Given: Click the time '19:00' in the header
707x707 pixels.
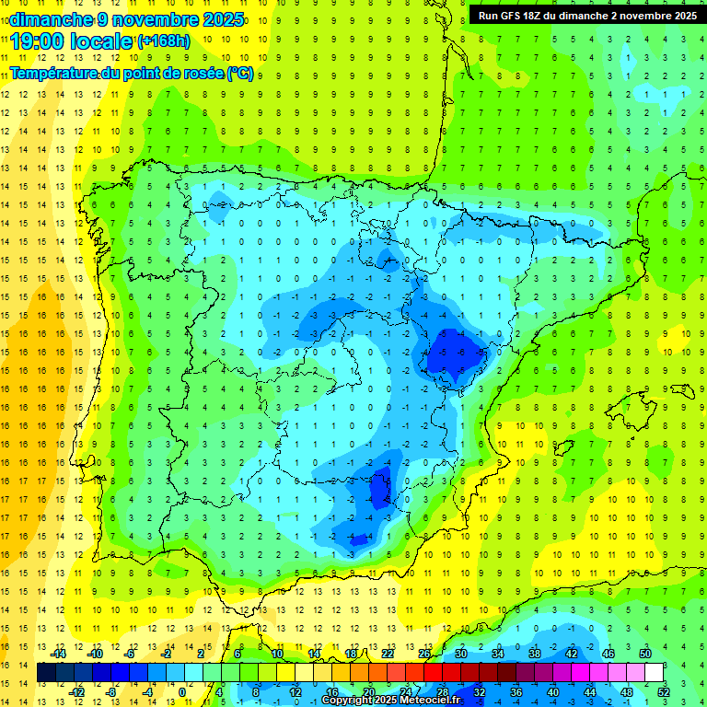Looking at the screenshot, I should pyautogui.click(x=41, y=41).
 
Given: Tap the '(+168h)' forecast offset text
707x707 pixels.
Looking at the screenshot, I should pyautogui.click(x=164, y=41).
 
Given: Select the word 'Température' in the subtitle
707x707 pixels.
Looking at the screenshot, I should pyautogui.click(x=56, y=73).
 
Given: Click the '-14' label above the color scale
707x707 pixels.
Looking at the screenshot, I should pyautogui.click(x=58, y=654).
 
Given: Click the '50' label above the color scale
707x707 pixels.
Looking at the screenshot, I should pyautogui.click(x=645, y=654).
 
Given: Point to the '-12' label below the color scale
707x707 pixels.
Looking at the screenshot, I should pyautogui.click(x=76, y=692).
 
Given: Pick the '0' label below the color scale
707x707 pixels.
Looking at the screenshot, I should pyautogui.click(x=182, y=692).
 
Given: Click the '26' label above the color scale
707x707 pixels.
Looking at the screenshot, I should pyautogui.click(x=424, y=654).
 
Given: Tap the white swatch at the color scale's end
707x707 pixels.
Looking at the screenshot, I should pyautogui.click(x=654, y=673).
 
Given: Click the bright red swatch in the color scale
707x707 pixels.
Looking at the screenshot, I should pyautogui.click(x=433, y=673).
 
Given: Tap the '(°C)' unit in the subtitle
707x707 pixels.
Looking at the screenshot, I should pyautogui.click(x=240, y=73).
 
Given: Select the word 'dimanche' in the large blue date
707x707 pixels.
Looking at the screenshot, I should pyautogui.click(x=52, y=18).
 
